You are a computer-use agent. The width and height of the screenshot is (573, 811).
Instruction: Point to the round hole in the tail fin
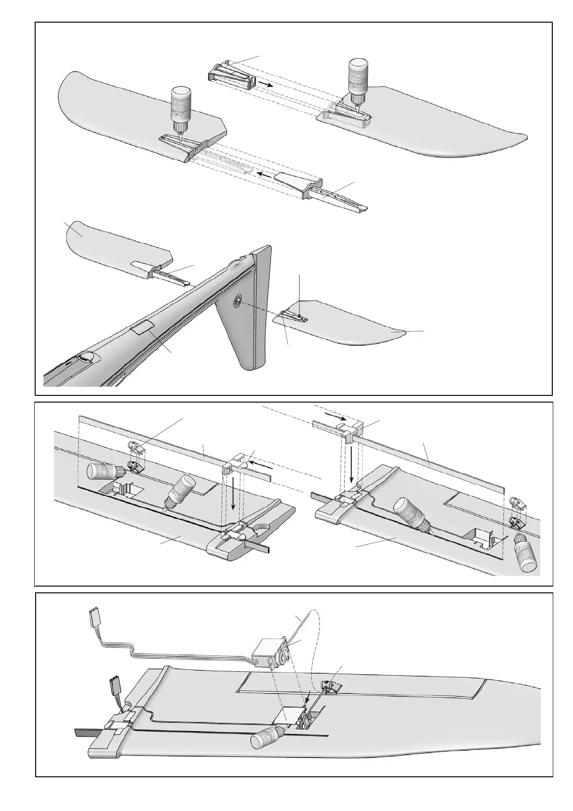click(x=237, y=302)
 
